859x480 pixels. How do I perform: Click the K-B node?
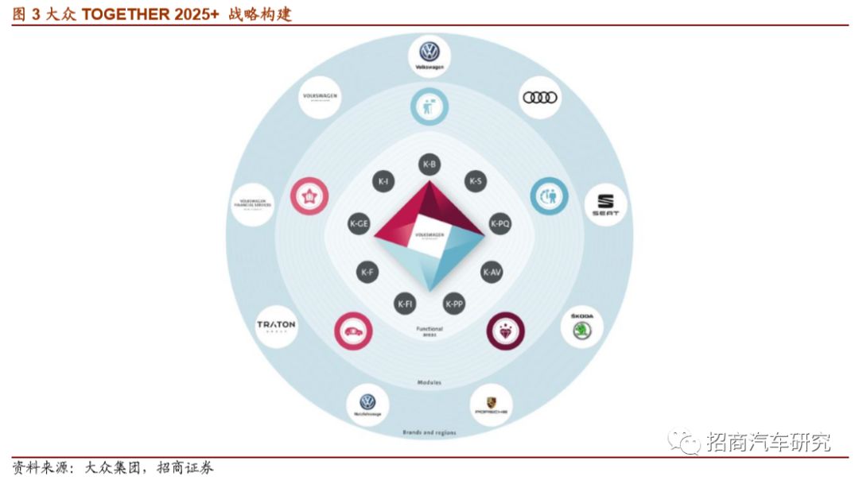pos(429,165)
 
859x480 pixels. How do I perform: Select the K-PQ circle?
pos(499,224)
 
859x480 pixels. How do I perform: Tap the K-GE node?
pos(360,224)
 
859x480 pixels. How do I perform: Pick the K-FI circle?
pos(406,303)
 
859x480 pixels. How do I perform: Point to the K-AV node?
pos(492,272)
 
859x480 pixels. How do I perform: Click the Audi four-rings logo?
pos(540,98)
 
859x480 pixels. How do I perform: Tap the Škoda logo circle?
pos(581,327)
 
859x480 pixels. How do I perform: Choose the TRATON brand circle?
pos(276,325)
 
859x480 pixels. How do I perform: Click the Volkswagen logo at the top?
pos(429,55)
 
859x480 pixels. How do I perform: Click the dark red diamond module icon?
pos(506,330)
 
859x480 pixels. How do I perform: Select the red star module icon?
pos(311,195)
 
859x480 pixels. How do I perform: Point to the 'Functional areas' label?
pos(429,331)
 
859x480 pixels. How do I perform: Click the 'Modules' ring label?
pos(429,382)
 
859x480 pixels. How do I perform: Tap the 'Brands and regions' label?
pos(429,432)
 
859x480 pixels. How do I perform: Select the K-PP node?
pos(453,303)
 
